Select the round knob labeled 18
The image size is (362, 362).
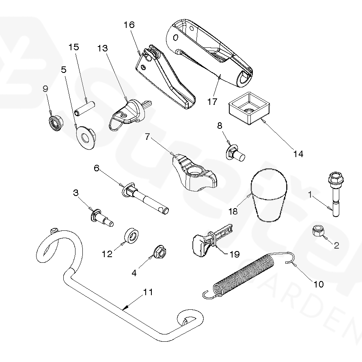pos(268,194)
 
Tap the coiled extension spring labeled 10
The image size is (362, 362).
pos(243,275)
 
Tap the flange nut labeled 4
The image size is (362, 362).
pos(159,252)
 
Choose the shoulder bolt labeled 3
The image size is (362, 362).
pos(102,217)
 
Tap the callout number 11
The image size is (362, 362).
pos(148,292)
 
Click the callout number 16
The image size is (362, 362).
pos(129,25)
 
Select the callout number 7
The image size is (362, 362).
pos(148,137)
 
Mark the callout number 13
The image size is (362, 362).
pos(103,49)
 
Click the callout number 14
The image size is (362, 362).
pos(298,154)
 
